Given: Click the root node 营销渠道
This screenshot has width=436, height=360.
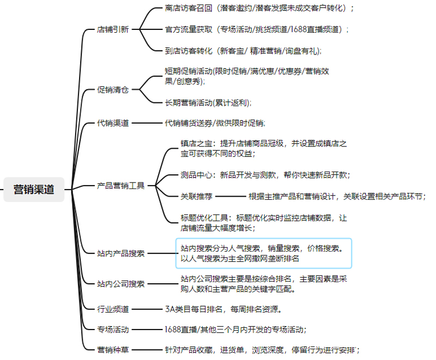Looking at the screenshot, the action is click(34, 190).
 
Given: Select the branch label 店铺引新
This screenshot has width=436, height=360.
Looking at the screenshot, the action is click(113, 29).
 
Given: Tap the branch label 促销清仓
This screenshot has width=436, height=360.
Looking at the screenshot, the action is click(113, 90).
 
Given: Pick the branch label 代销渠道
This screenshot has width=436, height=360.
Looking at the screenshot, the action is click(113, 123).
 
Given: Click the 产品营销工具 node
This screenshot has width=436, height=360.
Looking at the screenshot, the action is click(120, 186).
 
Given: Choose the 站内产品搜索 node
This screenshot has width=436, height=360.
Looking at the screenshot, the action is click(120, 253).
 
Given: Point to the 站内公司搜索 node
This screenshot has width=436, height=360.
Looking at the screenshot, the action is click(120, 284).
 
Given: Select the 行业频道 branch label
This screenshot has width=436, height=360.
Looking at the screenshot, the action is click(113, 309).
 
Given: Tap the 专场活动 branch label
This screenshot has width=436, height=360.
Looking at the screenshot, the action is click(113, 330).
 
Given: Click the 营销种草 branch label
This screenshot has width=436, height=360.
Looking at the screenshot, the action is click(113, 350).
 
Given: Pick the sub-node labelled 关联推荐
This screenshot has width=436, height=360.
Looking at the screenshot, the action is click(196, 197).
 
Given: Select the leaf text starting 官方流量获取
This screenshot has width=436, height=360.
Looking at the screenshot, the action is click(257, 29).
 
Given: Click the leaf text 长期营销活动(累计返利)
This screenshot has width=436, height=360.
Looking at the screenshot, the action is click(208, 103).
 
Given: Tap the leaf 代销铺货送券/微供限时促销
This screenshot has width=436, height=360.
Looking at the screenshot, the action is click(215, 123).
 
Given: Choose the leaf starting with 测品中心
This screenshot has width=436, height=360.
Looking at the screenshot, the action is click(265, 175).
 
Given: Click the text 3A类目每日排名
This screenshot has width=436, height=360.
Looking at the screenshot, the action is click(193, 309).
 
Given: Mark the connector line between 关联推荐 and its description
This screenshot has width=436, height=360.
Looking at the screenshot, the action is click(231, 197).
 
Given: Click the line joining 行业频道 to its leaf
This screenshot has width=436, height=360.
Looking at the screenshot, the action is click(147, 309).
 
